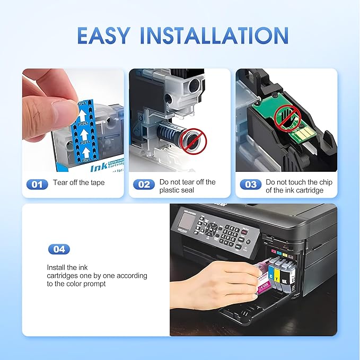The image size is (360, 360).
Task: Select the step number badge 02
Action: tap(143, 185)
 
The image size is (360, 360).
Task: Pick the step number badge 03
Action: tap(250, 185)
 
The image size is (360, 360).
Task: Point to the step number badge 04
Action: tap(59, 249)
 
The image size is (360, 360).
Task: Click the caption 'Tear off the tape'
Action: tap(79, 183)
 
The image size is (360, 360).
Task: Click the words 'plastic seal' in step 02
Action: tap(177, 190)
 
